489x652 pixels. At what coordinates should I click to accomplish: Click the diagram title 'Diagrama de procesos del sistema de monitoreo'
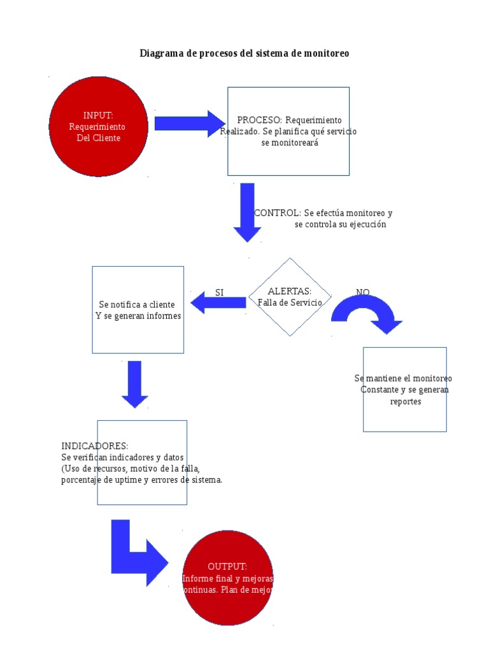(244, 54)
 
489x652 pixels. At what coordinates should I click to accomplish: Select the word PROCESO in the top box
(259, 120)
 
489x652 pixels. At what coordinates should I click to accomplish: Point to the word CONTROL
(277, 213)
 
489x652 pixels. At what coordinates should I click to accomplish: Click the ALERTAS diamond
(290, 297)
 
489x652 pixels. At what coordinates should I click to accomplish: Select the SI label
(219, 293)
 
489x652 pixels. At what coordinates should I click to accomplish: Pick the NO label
(362, 292)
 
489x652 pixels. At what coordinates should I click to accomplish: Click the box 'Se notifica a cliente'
(138, 309)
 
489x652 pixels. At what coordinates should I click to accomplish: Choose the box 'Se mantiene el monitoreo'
(404, 389)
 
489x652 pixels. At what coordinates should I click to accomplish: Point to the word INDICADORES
(95, 446)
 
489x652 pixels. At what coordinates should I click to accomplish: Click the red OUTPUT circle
(228, 578)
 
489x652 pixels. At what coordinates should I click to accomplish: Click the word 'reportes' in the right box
(405, 402)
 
